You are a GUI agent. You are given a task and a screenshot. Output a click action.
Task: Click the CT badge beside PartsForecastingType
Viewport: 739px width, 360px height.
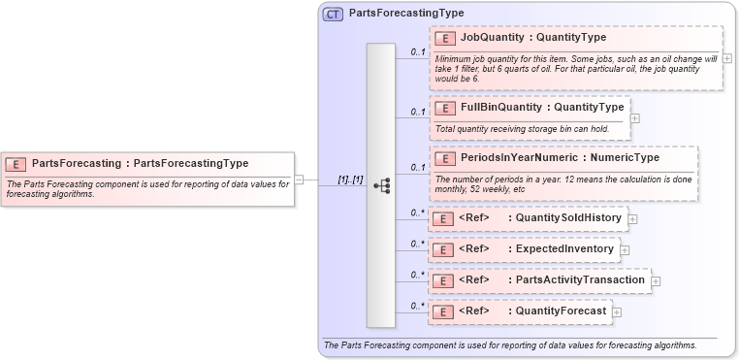[x=333, y=14]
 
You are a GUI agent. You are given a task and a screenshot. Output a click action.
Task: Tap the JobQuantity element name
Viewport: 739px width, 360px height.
[x=491, y=38]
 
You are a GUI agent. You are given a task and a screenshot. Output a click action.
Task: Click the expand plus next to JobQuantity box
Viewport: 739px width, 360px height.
[x=727, y=58]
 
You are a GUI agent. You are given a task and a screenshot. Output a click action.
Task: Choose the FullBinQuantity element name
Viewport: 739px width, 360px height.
[x=500, y=107]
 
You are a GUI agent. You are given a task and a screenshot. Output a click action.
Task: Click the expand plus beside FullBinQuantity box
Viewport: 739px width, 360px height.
[x=635, y=118]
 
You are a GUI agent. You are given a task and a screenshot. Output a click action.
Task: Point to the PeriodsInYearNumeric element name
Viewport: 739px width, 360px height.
[x=519, y=157]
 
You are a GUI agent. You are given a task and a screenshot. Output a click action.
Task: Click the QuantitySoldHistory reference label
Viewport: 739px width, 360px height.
[x=567, y=218]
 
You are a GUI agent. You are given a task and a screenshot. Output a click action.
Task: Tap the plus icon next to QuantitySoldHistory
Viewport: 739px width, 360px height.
[x=632, y=219]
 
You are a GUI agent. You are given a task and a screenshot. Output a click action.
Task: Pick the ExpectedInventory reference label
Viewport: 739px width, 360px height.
[x=564, y=249]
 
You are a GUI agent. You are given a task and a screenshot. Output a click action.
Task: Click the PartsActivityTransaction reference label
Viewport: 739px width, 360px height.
[x=580, y=280]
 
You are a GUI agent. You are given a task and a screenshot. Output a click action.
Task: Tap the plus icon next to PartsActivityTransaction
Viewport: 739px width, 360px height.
[x=656, y=281]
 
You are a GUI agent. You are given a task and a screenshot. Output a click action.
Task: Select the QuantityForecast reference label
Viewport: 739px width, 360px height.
[x=561, y=311]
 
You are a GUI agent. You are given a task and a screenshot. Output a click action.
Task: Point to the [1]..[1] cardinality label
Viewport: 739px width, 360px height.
[x=349, y=180]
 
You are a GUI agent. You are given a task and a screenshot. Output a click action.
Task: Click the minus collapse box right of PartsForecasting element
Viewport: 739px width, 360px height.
[x=300, y=180]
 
